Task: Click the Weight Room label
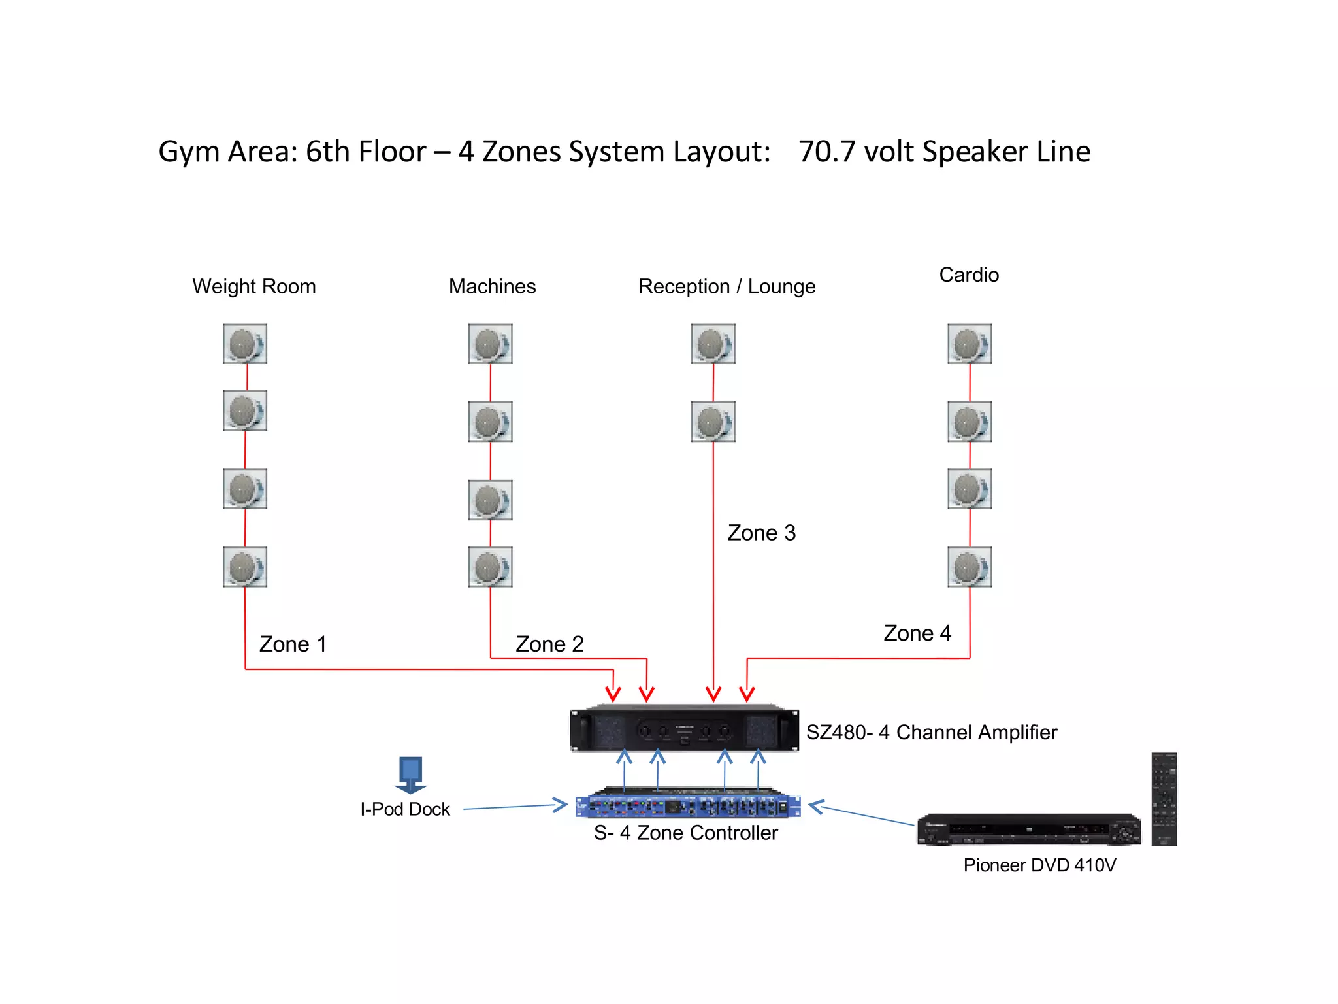[x=253, y=286]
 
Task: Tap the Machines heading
[x=492, y=286]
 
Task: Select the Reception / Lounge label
[x=726, y=286]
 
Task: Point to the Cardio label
[x=969, y=275]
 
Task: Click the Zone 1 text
[x=293, y=644]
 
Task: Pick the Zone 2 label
[x=549, y=644]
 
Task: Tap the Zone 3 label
[x=762, y=533]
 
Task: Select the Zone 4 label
[x=917, y=633]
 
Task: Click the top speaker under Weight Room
[x=245, y=343]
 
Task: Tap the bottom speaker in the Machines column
[x=490, y=567]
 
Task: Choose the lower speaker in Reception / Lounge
[x=713, y=422]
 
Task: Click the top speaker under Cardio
[x=970, y=343]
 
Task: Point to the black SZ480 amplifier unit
[x=684, y=729]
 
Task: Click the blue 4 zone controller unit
[x=687, y=805]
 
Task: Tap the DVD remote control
[x=1164, y=799]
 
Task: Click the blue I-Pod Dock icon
[x=410, y=775]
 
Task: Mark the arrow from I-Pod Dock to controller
[x=515, y=807]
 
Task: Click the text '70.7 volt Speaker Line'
[x=944, y=152]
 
